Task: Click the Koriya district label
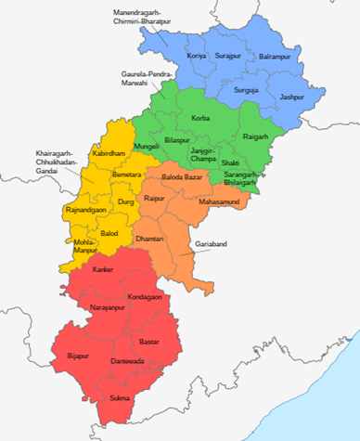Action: click(x=197, y=57)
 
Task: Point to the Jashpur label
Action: click(x=291, y=97)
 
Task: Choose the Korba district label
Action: click(x=200, y=118)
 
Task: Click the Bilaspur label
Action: click(x=176, y=139)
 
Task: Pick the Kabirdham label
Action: click(x=109, y=153)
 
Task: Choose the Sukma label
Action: click(x=121, y=399)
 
